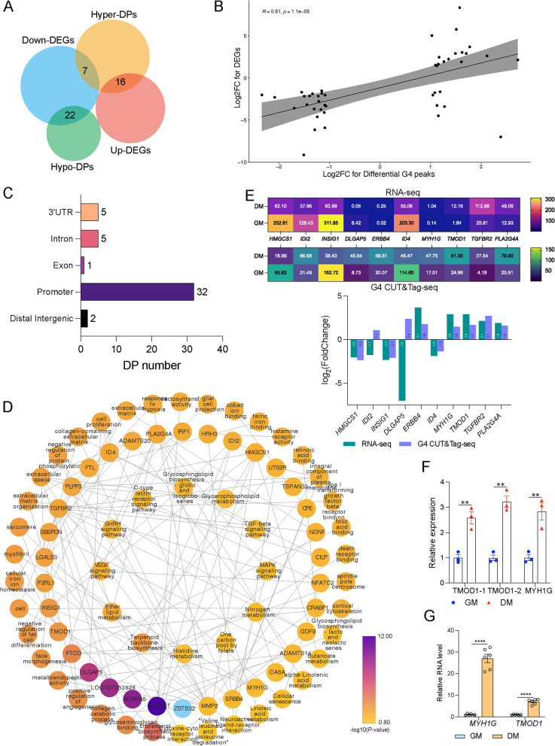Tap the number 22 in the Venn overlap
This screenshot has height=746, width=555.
click(x=69, y=114)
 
